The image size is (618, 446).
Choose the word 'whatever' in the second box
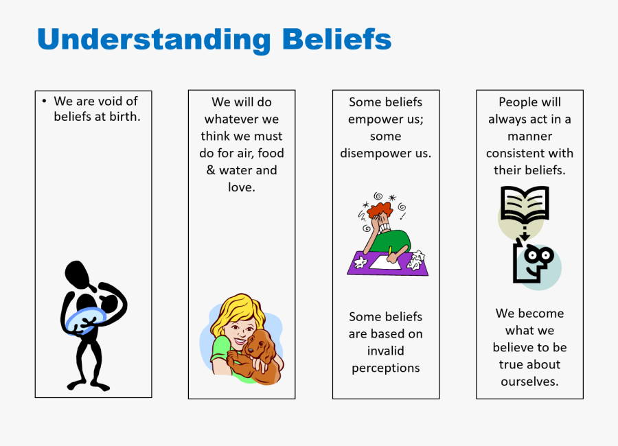click(x=232, y=119)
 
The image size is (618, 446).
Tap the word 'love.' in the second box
click(x=242, y=187)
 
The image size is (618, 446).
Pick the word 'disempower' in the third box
click(x=376, y=154)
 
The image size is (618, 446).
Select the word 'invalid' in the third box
click(x=385, y=351)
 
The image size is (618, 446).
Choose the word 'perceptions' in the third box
click(x=386, y=368)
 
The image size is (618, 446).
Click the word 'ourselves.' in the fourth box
click(x=529, y=382)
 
